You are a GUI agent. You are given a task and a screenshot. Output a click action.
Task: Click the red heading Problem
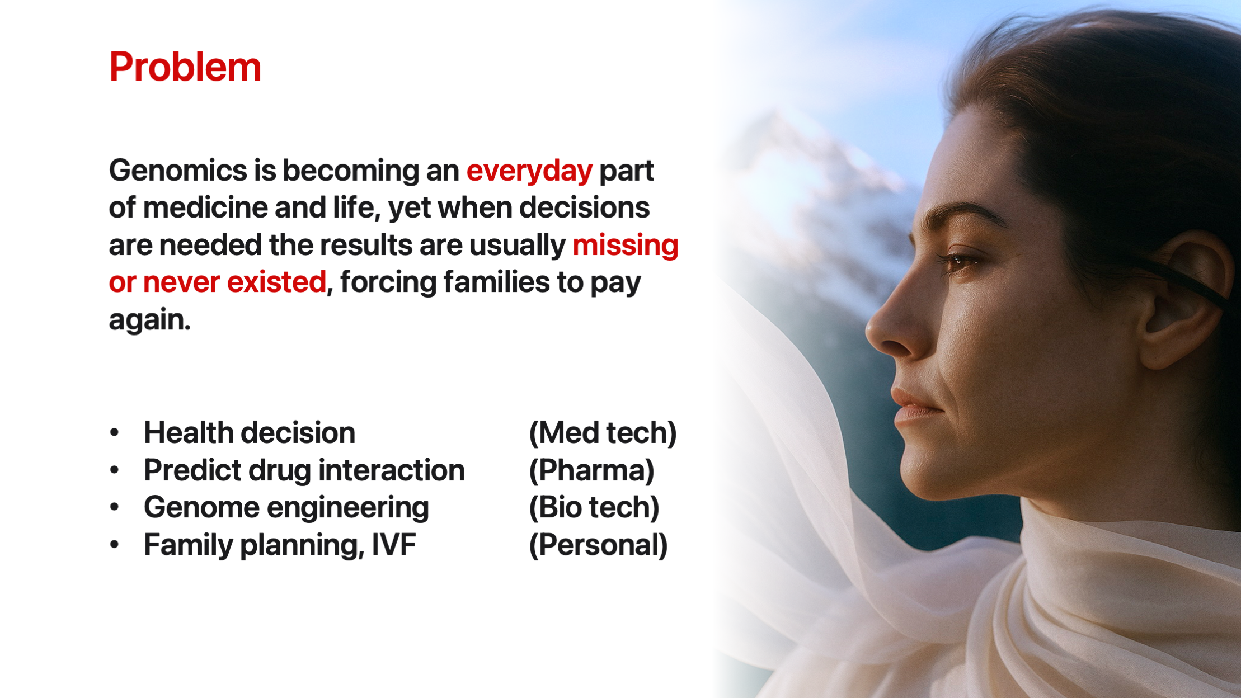[x=185, y=68]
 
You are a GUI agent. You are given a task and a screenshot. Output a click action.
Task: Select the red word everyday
[x=529, y=171]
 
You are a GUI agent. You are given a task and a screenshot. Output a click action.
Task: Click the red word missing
[x=625, y=246]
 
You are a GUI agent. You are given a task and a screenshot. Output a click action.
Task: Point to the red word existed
[x=276, y=282]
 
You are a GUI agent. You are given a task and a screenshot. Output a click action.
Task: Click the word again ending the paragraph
[x=149, y=320]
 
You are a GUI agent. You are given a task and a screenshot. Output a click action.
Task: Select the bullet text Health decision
[x=250, y=433]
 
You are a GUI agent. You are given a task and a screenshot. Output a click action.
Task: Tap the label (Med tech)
[x=603, y=433]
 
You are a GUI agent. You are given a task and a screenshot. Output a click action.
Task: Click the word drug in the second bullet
[x=279, y=470]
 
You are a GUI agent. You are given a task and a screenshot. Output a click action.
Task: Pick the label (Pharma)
[x=591, y=470]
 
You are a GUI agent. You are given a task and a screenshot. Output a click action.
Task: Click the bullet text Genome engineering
[x=286, y=508]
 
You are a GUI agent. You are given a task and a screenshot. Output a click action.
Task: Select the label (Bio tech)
[x=594, y=508]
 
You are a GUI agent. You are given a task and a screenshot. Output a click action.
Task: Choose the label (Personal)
[x=598, y=545]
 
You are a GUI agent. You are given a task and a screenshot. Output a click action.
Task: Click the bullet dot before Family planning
[x=115, y=545]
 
